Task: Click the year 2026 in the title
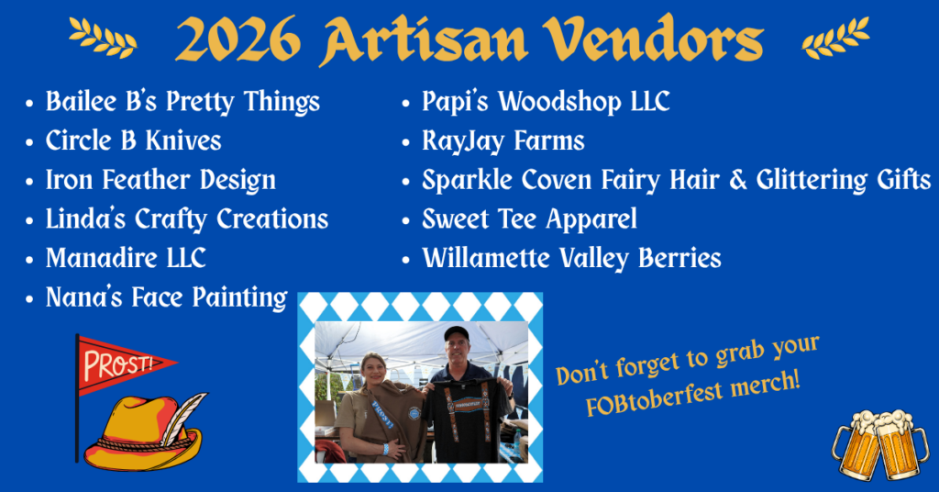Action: coord(238,40)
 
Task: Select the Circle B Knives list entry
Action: coord(134,140)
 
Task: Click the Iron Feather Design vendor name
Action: coord(160,181)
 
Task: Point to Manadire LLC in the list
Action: coord(126,258)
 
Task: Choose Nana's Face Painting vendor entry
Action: coord(167,297)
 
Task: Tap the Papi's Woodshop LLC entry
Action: coord(546,102)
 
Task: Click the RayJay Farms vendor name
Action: coord(503,141)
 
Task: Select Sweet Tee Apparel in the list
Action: coord(529,219)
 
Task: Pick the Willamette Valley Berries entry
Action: coord(571,258)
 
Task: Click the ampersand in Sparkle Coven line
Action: coord(738,180)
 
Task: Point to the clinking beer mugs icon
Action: coord(879,444)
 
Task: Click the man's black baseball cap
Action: coord(457,332)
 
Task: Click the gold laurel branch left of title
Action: coord(103,38)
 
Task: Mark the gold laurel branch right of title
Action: coord(836,38)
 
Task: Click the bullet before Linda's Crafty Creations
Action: coord(29,220)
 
